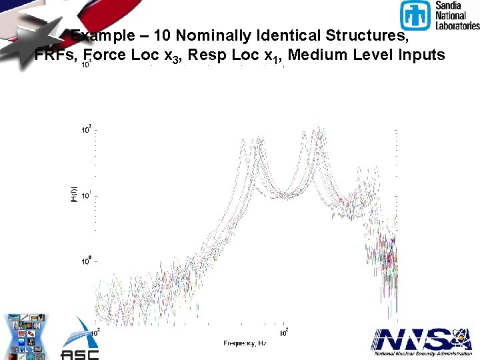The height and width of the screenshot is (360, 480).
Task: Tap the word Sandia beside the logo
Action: (x=448, y=5)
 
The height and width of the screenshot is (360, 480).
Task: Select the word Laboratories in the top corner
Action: (x=457, y=25)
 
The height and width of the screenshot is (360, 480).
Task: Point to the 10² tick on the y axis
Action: (x=87, y=130)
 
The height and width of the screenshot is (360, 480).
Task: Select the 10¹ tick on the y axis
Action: (x=87, y=196)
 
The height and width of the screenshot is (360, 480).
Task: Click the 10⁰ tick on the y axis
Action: (x=87, y=261)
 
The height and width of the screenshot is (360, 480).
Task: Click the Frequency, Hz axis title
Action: (x=244, y=343)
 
